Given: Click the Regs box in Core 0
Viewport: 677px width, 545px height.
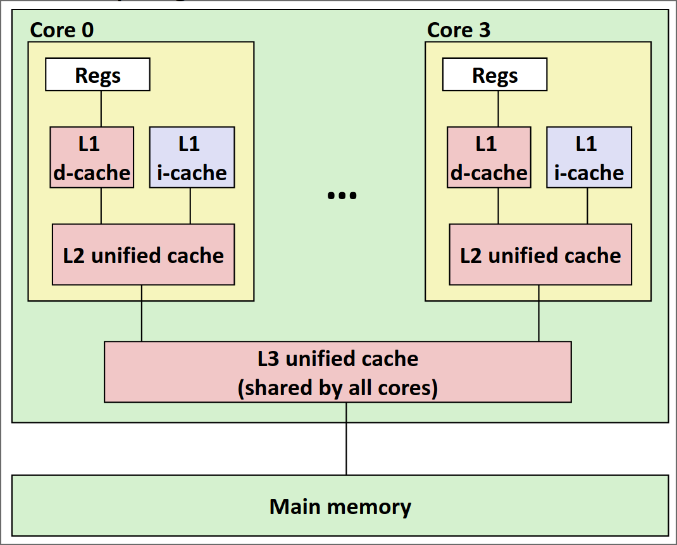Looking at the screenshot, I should click(97, 75).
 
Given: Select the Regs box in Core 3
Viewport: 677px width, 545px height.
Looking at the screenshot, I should click(495, 75).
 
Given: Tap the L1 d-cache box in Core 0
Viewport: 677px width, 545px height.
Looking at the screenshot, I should click(92, 157).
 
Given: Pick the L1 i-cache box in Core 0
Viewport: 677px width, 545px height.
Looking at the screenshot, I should click(192, 157).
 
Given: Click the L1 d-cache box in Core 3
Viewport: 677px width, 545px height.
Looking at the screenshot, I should click(489, 157).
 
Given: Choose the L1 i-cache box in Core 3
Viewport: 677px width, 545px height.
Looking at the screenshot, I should click(589, 157).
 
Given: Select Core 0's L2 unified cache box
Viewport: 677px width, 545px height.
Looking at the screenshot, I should click(144, 255).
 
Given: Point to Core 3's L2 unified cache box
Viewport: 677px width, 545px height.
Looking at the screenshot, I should click(540, 255).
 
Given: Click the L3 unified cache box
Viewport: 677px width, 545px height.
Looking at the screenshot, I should click(338, 372).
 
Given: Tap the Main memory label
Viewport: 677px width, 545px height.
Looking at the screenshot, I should click(340, 506).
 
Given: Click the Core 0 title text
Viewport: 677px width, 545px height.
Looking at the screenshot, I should click(62, 30).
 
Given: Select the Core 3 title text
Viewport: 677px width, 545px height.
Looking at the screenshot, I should click(459, 30).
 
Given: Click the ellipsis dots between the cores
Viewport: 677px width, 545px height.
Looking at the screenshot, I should click(342, 195).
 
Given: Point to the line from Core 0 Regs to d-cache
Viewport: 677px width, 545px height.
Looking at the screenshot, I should click(101, 109).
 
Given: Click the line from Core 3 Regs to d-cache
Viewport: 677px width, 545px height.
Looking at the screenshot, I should click(499, 109).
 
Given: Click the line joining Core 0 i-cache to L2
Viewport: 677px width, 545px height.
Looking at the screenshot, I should click(190, 206).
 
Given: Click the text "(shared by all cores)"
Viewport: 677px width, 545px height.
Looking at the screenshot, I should click(338, 388).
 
